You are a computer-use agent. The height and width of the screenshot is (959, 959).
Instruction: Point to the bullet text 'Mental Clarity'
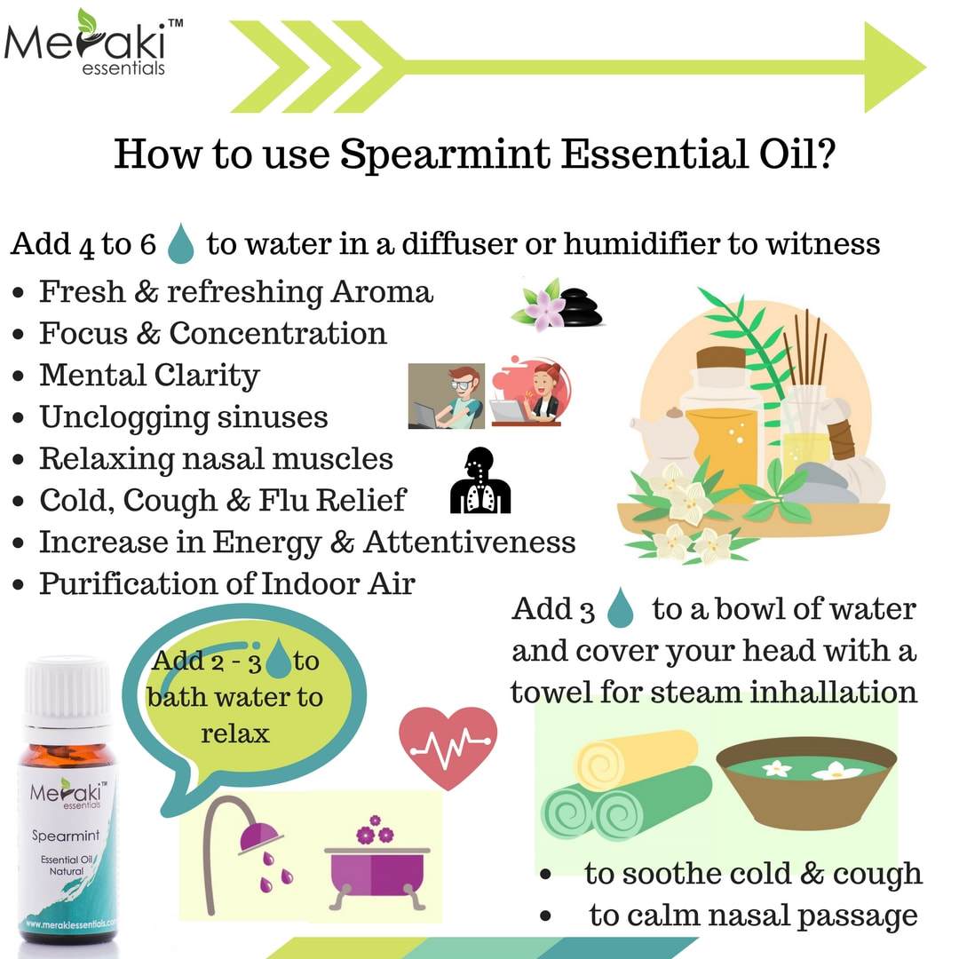point(149,376)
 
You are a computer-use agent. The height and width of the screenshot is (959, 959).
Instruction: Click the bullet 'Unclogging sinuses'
point(183,417)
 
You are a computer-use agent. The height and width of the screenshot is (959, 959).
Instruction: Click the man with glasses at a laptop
point(446,395)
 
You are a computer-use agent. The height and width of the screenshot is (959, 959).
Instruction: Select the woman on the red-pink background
point(531,391)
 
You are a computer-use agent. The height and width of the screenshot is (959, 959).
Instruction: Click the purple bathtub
point(376,865)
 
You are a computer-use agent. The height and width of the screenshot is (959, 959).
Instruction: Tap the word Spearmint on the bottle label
point(59,835)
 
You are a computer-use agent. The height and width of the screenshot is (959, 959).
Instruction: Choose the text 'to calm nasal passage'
point(753,915)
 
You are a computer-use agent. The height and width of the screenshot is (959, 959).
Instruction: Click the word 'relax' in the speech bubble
point(235,733)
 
